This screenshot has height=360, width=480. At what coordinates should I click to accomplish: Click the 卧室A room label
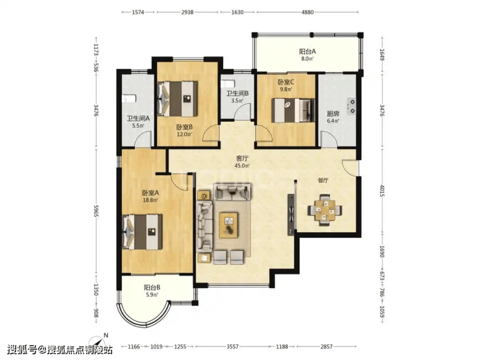pyautogui.click(x=150, y=193)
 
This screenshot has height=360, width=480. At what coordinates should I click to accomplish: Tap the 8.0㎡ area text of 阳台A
pyautogui.click(x=307, y=59)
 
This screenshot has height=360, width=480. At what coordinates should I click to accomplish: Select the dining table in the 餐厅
pyautogui.click(x=325, y=210)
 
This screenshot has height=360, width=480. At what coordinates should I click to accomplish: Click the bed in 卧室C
pyautogui.click(x=293, y=110)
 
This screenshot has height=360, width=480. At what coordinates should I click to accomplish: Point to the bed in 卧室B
pyautogui.click(x=177, y=99)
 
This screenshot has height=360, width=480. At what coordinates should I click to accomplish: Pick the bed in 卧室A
pyautogui.click(x=142, y=232)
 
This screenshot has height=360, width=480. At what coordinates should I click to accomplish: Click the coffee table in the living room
pyautogui.click(x=229, y=225)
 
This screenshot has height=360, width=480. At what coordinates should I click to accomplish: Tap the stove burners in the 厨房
pyautogui.click(x=351, y=106)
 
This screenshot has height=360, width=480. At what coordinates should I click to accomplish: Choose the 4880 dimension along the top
pyautogui.click(x=307, y=12)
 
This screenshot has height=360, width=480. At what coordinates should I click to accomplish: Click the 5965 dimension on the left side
pyautogui.click(x=96, y=211)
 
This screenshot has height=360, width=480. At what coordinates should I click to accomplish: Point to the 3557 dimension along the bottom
pyautogui.click(x=232, y=346)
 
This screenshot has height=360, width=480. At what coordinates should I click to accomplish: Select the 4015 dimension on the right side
pyautogui.click(x=382, y=191)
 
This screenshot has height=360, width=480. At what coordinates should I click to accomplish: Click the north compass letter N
pyautogui.click(x=106, y=335)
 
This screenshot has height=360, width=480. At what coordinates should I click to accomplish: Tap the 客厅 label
pyautogui.click(x=242, y=158)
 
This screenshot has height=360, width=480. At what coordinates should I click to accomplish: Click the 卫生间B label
pyautogui.click(x=237, y=93)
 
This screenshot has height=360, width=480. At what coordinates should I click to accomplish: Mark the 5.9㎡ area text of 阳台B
pyautogui.click(x=152, y=294)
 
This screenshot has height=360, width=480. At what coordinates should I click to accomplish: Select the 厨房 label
pyautogui.click(x=333, y=114)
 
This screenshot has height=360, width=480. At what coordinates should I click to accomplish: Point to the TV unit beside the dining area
pyautogui.click(x=291, y=215)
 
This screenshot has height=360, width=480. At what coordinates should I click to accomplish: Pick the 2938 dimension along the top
pyautogui.click(x=187, y=12)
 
